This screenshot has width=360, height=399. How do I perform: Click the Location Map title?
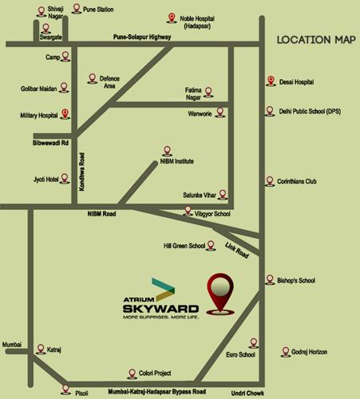[315, 39]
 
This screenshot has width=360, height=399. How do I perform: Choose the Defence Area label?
[109, 81]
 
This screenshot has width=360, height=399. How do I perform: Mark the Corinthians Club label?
[296, 181]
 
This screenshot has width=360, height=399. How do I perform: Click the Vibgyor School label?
[212, 214]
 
